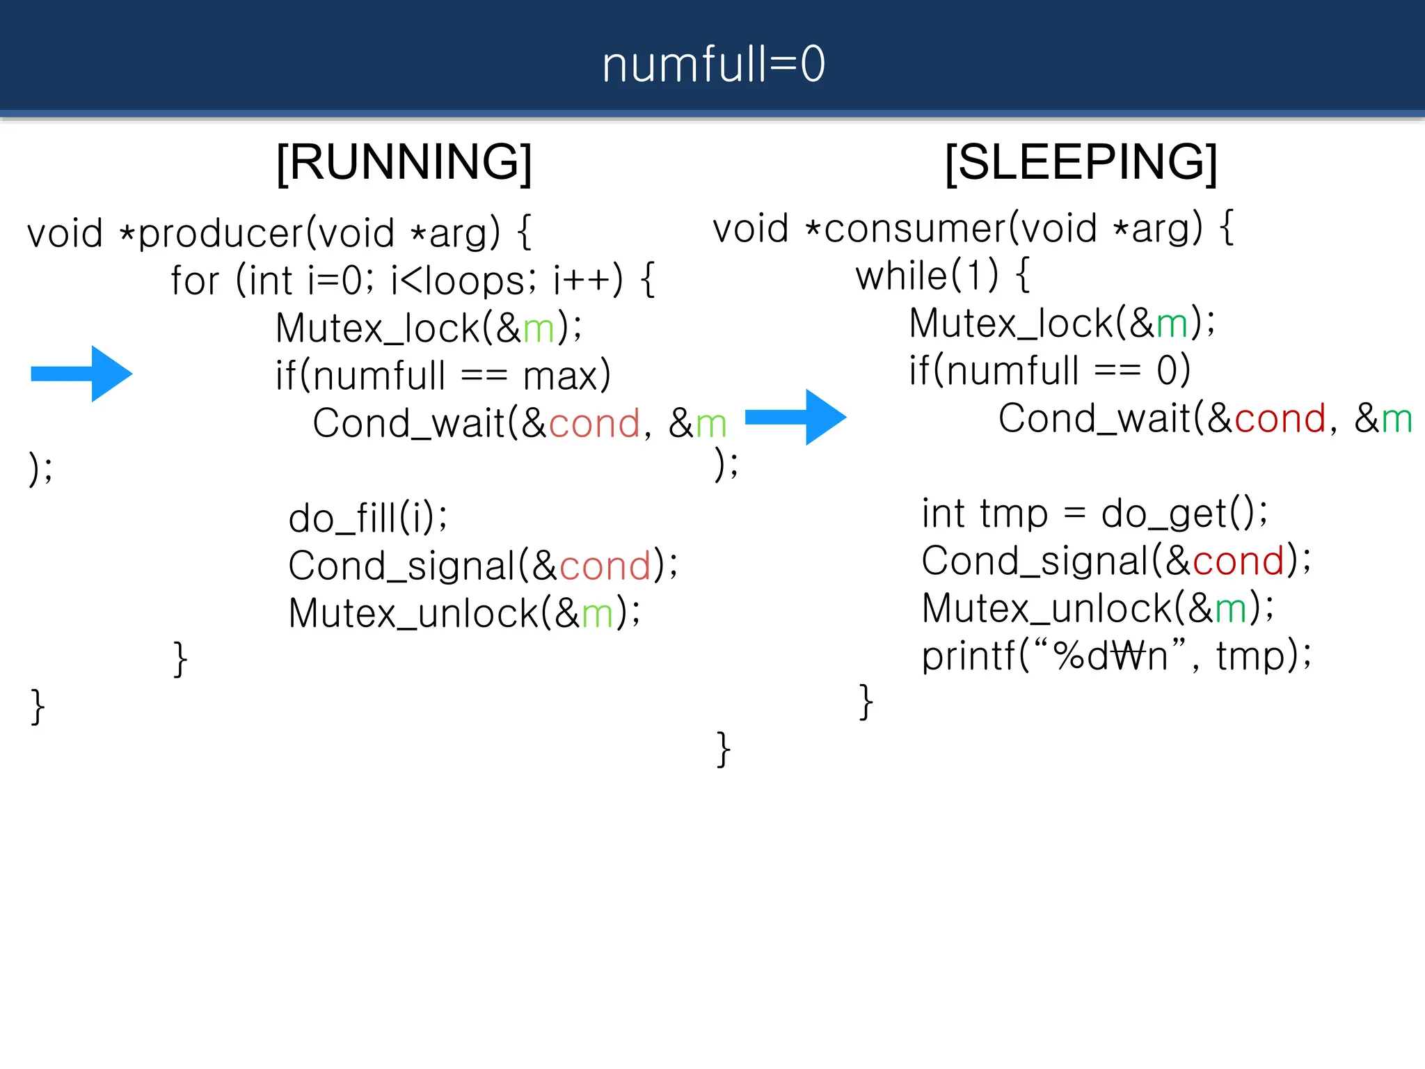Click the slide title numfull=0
click(x=713, y=64)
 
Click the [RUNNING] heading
click(x=404, y=162)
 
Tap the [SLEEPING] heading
click(x=1081, y=162)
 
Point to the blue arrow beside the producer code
click(x=82, y=374)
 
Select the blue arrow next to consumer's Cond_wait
click(x=796, y=417)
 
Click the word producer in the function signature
click(x=221, y=233)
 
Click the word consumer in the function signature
click(x=914, y=229)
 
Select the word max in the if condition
click(x=560, y=377)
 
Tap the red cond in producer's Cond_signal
click(x=605, y=566)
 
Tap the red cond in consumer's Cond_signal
click(x=1238, y=561)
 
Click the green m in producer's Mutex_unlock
click(x=598, y=615)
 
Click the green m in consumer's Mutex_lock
click(x=1172, y=324)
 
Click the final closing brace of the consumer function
click(x=724, y=750)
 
